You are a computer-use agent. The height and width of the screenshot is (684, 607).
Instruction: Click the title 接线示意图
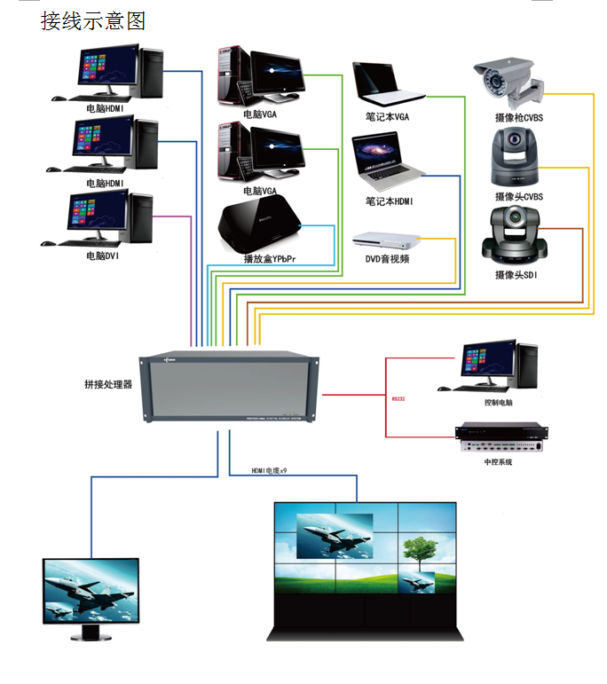coord(92,20)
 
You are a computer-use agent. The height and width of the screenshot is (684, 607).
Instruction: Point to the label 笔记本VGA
coord(388,116)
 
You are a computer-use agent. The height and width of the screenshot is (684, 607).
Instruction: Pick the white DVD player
coord(386,240)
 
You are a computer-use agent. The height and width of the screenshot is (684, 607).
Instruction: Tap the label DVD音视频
coord(388,259)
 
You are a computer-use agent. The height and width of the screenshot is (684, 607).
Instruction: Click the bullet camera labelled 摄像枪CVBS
coord(508,83)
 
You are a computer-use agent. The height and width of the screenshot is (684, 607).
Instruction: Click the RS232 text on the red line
coord(398,398)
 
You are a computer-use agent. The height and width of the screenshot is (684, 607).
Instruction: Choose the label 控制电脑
coord(498,402)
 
